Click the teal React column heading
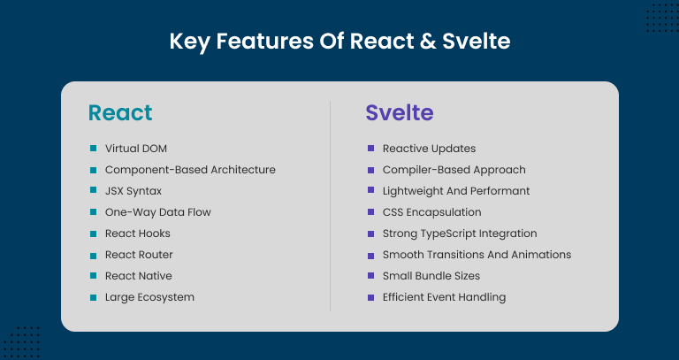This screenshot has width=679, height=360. click(120, 112)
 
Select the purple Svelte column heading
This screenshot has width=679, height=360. click(400, 112)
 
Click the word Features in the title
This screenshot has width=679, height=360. click(264, 42)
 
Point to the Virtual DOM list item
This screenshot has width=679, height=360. click(136, 149)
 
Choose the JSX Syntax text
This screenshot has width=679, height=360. click(134, 191)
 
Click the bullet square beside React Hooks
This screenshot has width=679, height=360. click(93, 234)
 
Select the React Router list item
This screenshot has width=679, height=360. click(139, 255)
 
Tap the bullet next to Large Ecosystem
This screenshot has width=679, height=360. click(93, 297)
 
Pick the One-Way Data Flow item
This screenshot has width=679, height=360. click(158, 212)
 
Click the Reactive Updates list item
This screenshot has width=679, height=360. click(429, 149)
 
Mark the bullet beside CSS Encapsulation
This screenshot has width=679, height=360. click(370, 211)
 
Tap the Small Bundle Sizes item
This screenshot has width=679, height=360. click(431, 276)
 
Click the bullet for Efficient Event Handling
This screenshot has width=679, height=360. click(370, 297)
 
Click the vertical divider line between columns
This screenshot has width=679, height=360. click(330, 206)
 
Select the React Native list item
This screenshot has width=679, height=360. click(139, 276)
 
